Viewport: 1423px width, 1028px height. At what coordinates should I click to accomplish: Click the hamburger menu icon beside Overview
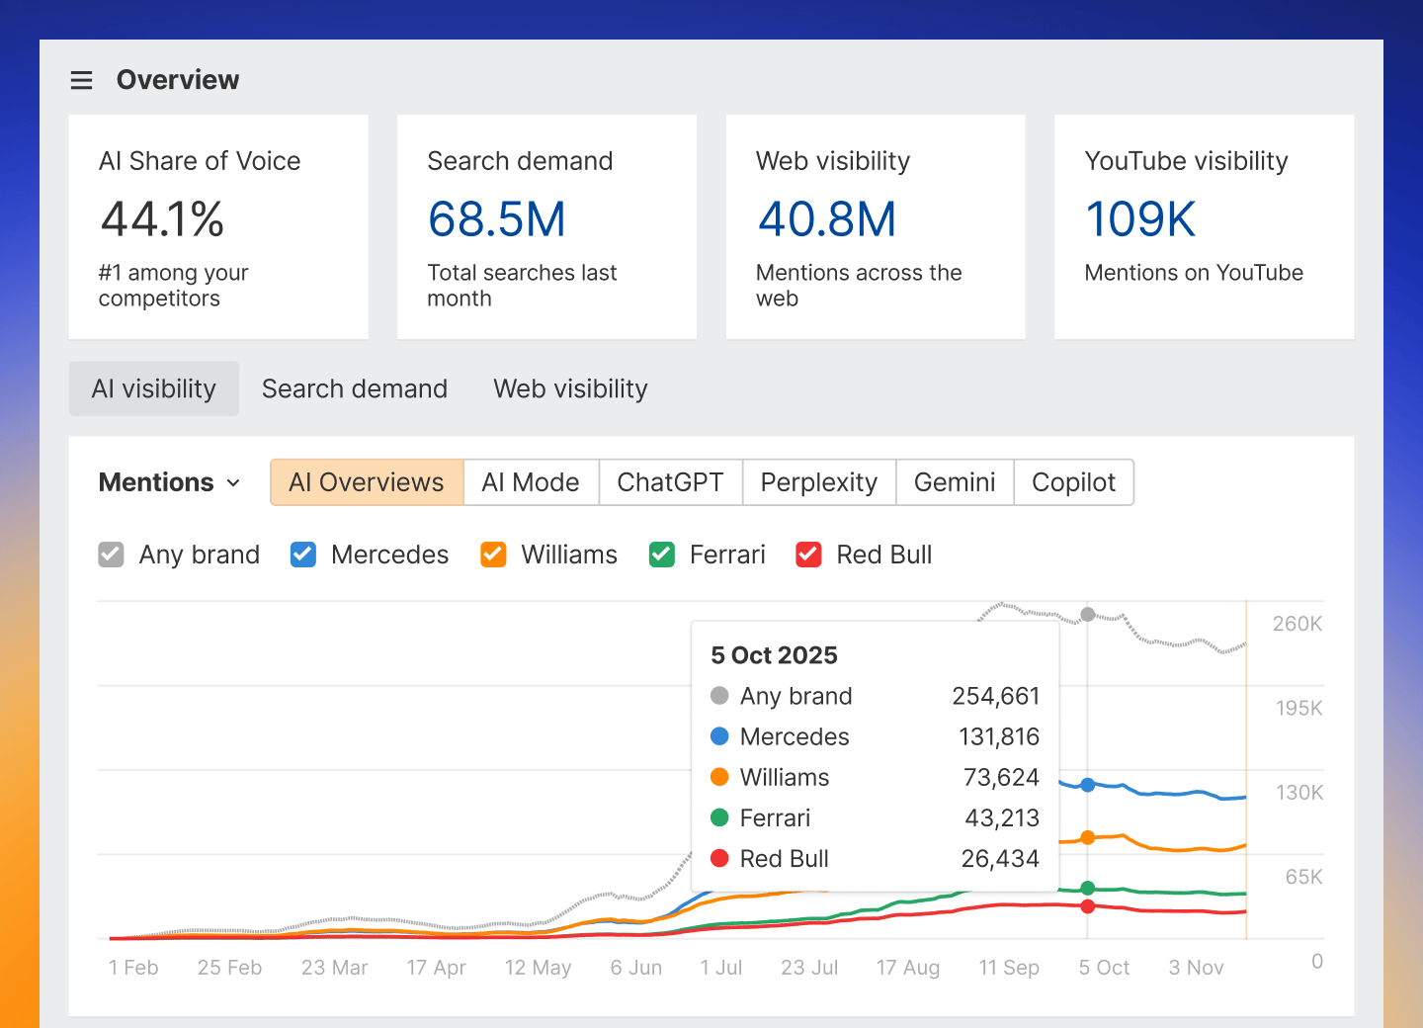tap(81, 80)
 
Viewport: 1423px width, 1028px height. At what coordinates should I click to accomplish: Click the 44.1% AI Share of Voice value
tap(163, 219)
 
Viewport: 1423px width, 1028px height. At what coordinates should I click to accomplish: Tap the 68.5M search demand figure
tap(496, 219)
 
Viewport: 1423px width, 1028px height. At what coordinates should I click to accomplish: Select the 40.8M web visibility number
tap(826, 219)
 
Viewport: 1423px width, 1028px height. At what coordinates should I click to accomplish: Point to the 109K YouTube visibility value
tap(1140, 219)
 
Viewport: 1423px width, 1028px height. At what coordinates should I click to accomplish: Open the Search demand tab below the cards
tap(354, 388)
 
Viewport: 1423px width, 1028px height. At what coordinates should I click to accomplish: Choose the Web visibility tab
tap(570, 388)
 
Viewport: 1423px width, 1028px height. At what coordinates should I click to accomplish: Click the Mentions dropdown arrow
tap(233, 483)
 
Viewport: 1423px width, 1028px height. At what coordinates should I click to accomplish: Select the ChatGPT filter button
tap(670, 482)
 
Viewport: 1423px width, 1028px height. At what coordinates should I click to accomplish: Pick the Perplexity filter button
tap(818, 482)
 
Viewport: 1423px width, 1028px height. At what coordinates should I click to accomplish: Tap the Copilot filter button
tap(1073, 482)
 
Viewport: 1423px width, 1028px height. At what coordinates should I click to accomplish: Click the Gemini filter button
tap(954, 482)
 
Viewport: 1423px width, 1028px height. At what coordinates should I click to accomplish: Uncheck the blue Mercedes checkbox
tap(303, 555)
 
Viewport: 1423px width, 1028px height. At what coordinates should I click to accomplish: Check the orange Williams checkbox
tap(493, 555)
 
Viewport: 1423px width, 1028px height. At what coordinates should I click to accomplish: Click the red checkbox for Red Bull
tap(808, 555)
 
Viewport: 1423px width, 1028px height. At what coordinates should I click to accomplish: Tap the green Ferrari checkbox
tap(662, 555)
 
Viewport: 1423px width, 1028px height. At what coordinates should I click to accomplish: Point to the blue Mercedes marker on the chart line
tap(1087, 785)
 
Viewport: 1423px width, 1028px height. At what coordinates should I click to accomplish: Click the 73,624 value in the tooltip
tap(1001, 778)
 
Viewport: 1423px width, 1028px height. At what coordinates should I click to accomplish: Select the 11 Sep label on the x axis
tap(1008, 968)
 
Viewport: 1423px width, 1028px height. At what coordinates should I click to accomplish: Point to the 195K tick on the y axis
tap(1297, 708)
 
